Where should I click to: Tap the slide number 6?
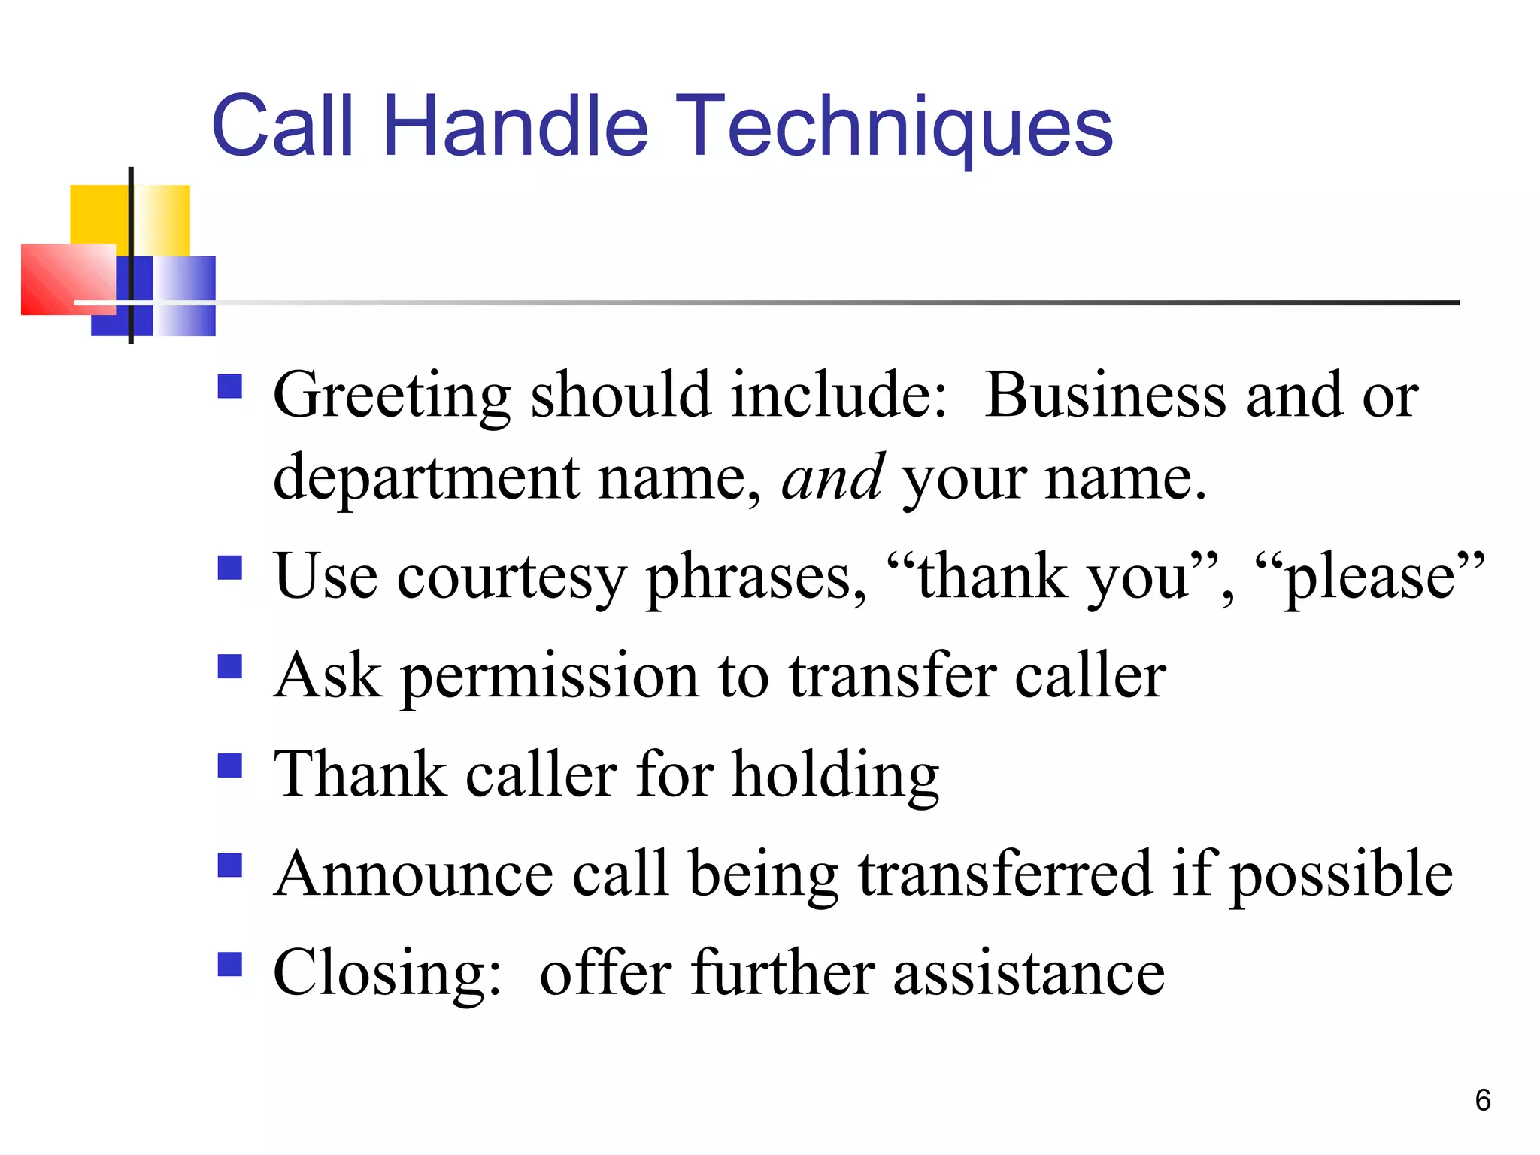pos(1482,1100)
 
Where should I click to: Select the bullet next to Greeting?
pos(230,387)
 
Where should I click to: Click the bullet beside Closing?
pos(230,963)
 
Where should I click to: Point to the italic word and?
pos(832,478)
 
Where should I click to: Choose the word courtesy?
pos(511,577)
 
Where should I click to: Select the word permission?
pos(550,676)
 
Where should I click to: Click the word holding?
pos(835,775)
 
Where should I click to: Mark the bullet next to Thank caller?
pos(230,765)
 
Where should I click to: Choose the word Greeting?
pos(392,396)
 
